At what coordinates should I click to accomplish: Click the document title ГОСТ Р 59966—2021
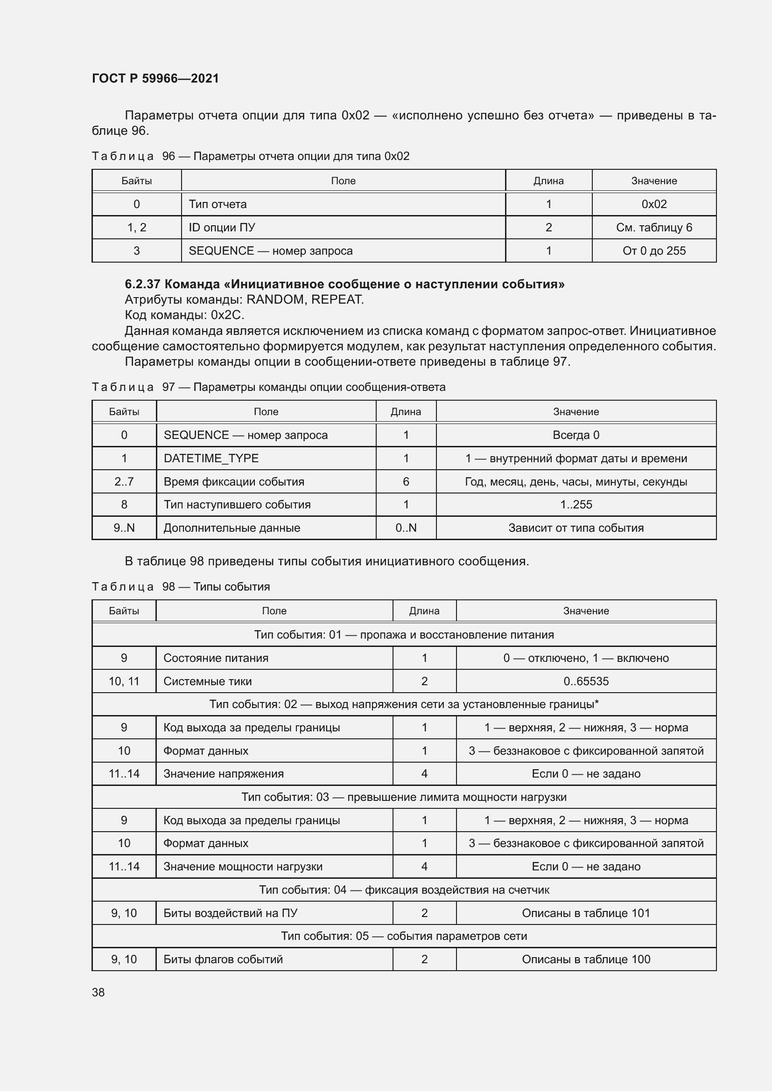[155, 78]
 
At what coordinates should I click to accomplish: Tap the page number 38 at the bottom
[98, 992]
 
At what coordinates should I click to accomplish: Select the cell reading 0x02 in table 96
[653, 204]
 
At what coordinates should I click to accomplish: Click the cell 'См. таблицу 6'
[653, 228]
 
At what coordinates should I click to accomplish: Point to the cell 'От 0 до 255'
[653, 251]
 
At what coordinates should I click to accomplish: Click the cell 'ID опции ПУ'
[222, 228]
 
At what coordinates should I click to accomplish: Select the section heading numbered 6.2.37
[344, 284]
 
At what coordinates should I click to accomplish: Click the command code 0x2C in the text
[227, 315]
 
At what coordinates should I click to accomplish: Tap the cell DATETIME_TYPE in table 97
[211, 459]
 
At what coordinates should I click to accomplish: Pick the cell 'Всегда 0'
[575, 435]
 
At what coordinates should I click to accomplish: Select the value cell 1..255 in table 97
[575, 505]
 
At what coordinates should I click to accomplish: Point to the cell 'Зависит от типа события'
[575, 528]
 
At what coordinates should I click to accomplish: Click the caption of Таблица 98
[181, 587]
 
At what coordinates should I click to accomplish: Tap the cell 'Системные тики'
[208, 681]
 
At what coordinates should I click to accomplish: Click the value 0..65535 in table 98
[586, 681]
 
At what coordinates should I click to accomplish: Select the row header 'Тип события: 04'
[404, 890]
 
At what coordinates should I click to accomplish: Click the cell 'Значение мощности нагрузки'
[243, 867]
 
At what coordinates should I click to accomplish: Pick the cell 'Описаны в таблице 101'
[586, 913]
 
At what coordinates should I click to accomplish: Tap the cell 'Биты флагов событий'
[223, 959]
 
